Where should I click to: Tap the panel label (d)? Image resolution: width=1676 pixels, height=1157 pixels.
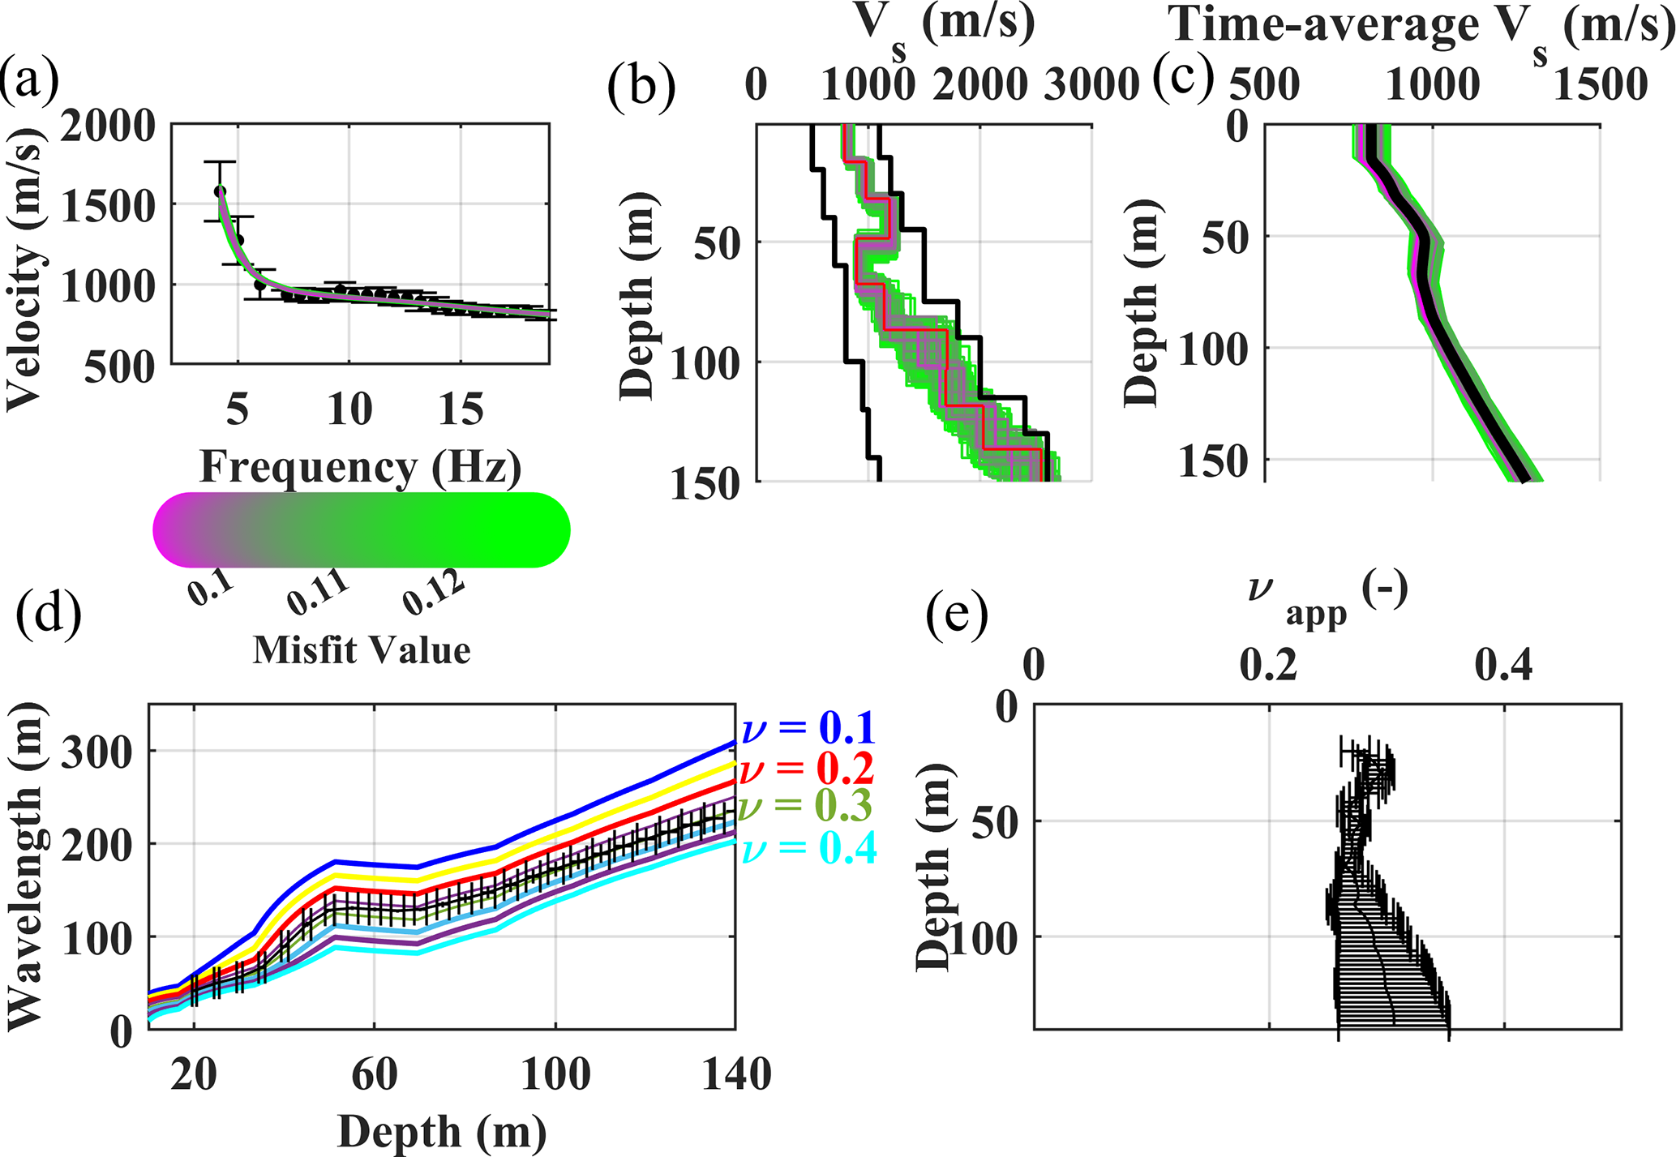point(49,614)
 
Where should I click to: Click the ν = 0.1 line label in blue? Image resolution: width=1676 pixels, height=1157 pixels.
point(808,727)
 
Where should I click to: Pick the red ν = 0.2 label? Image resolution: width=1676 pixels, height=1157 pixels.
point(808,767)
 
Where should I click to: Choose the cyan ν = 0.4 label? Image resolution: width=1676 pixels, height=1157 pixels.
point(808,848)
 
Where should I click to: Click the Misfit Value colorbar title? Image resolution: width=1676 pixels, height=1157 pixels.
point(362,650)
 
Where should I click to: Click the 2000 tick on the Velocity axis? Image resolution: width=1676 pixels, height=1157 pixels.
point(108,126)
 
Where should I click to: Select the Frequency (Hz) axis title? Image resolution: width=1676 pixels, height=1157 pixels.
point(361,467)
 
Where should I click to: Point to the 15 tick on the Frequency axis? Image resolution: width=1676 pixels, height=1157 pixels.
point(461,409)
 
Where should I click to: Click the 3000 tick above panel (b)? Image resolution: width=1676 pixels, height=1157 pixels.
point(1091,84)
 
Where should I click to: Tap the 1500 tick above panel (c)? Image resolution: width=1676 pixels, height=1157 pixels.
point(1600,84)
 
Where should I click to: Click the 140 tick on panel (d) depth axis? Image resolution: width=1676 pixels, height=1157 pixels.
point(735,1076)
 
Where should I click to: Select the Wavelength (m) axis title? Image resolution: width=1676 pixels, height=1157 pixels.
point(26,866)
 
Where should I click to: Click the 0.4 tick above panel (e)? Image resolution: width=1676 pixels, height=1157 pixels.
point(1504,666)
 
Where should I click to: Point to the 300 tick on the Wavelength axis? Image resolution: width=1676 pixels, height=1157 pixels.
point(96,752)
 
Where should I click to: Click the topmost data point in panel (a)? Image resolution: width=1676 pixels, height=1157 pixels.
point(220,191)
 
